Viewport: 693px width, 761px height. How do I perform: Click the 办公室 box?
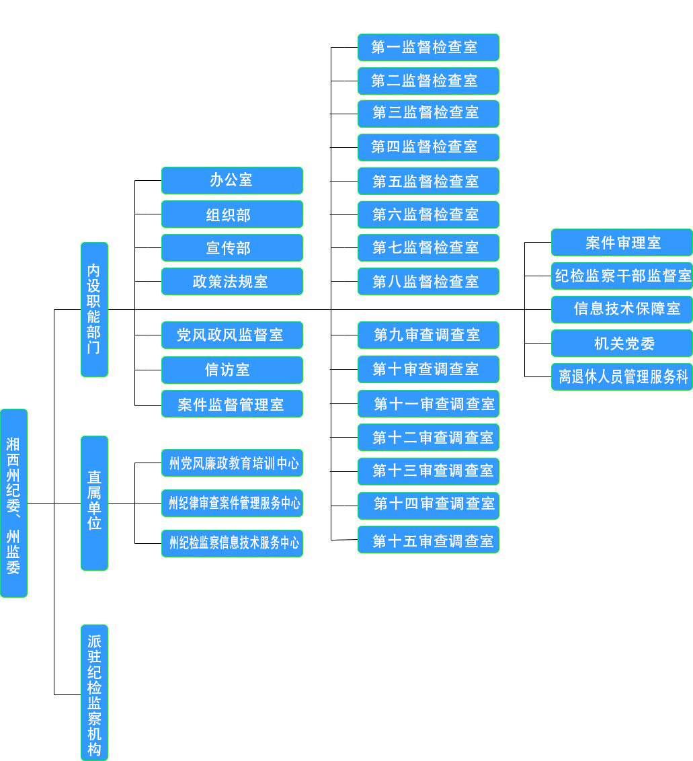(232, 180)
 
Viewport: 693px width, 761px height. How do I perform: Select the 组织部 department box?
(232, 214)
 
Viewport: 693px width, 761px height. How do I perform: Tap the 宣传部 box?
(232, 247)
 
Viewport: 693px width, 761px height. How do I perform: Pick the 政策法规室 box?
(232, 281)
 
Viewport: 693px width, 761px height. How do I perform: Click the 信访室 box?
(232, 370)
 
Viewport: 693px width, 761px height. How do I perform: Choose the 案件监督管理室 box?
(232, 404)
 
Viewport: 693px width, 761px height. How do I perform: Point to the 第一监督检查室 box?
(428, 47)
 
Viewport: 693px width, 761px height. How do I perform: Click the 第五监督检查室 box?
(428, 181)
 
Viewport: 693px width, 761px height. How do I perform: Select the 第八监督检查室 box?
(428, 281)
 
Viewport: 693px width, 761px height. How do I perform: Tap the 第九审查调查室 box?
(428, 335)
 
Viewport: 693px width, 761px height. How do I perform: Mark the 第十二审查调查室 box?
(428, 438)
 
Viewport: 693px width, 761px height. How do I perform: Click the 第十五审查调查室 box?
(428, 540)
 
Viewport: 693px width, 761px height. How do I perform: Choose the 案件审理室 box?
(622, 242)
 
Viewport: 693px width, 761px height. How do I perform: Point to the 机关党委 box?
(622, 343)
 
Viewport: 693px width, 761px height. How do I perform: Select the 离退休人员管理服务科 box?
(622, 376)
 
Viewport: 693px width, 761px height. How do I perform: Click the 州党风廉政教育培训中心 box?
(232, 463)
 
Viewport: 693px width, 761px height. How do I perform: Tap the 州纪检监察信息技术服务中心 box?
(232, 543)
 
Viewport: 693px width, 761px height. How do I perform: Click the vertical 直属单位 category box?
(94, 503)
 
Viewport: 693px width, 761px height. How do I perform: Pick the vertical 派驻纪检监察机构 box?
(94, 692)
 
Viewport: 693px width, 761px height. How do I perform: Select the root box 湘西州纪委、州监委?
(13, 503)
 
